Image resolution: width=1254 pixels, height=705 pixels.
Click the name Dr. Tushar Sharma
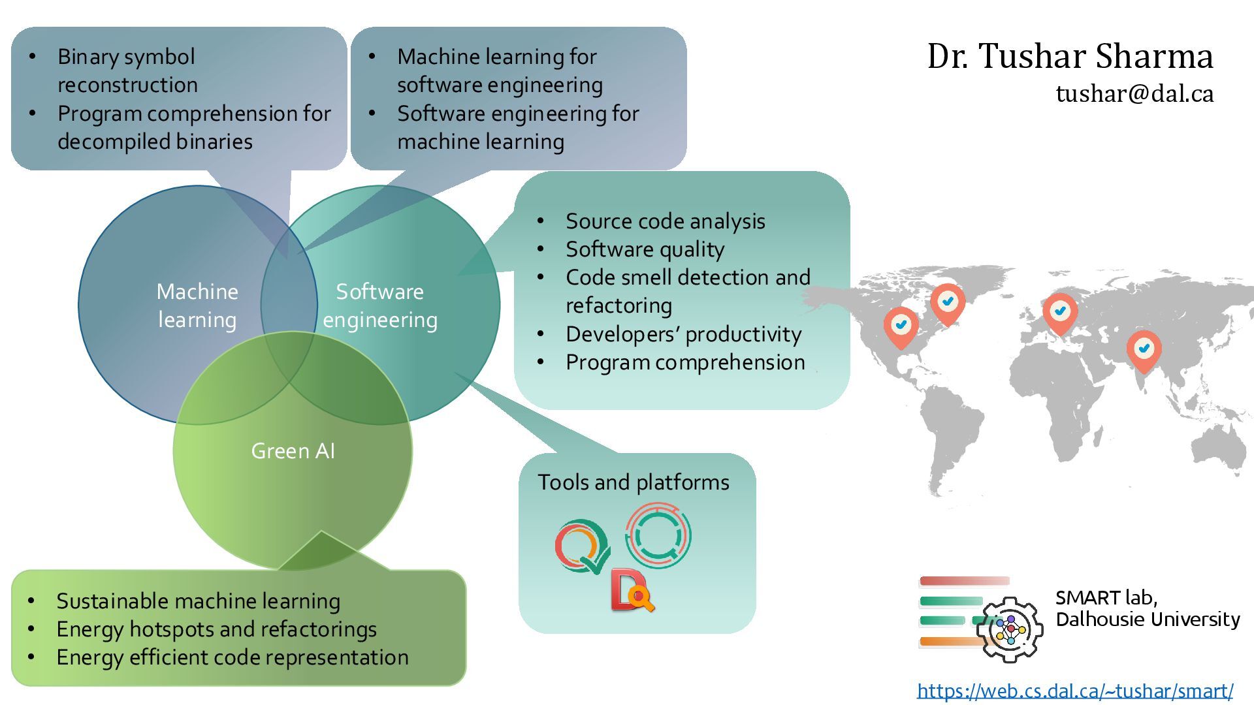point(1070,56)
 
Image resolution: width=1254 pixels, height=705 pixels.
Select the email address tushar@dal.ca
point(1134,94)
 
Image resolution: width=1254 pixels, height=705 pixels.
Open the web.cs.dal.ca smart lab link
point(1075,691)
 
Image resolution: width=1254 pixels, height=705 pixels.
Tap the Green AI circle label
point(293,451)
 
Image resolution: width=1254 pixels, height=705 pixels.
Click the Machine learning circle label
point(197,305)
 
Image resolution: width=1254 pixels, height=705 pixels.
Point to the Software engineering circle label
point(380,305)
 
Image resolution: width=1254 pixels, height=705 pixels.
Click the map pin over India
point(1144,349)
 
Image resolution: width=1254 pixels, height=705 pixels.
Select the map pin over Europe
point(1060,312)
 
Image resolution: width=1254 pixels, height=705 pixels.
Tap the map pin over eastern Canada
point(948,302)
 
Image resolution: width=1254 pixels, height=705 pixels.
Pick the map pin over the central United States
point(901,325)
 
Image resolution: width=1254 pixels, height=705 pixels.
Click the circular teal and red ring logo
point(658,535)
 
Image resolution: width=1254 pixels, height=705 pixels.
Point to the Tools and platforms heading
point(633,482)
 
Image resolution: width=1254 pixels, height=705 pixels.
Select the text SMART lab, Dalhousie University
point(1147,608)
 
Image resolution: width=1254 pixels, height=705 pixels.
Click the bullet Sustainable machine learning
point(198,601)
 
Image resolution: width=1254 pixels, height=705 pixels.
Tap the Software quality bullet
point(645,249)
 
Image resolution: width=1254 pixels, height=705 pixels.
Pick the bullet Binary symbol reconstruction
point(127,70)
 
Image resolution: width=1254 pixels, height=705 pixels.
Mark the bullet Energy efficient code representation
point(233,657)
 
